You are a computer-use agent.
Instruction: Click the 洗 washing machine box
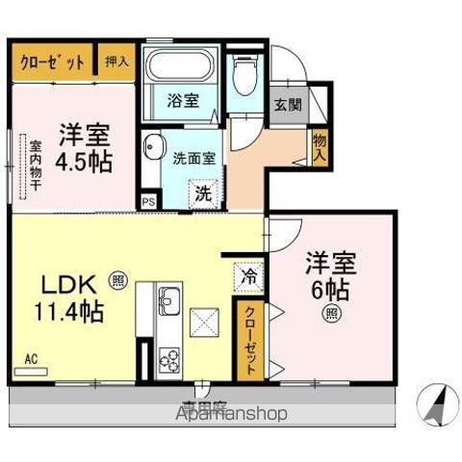click(204, 191)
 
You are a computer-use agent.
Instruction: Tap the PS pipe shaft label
click(148, 201)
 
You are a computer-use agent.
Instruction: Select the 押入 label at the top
click(116, 61)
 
